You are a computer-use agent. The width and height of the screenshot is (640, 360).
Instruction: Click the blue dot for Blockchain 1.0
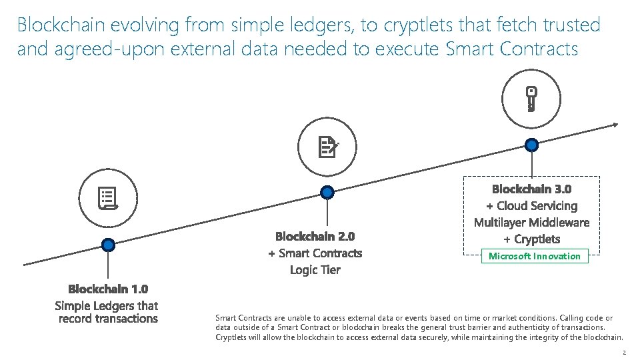pyautogui.click(x=109, y=245)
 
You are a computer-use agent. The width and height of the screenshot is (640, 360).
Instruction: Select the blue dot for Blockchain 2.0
pyautogui.click(x=327, y=193)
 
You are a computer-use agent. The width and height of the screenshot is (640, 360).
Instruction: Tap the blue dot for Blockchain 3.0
pyautogui.click(x=531, y=144)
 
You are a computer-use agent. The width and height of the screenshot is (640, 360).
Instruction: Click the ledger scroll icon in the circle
pyautogui.click(x=109, y=197)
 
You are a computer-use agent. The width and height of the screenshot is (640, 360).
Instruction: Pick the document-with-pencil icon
pyautogui.click(x=327, y=147)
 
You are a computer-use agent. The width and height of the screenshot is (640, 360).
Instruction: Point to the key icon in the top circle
pyautogui.click(x=531, y=98)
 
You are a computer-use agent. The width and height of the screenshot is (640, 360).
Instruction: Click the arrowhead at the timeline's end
pyautogui.click(x=615, y=124)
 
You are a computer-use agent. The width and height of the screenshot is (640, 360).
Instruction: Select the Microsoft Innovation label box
pyautogui.click(x=535, y=256)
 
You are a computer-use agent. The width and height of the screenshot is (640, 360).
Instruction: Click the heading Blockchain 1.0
pyautogui.click(x=108, y=289)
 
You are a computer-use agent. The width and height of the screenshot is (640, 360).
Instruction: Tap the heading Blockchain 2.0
pyautogui.click(x=315, y=236)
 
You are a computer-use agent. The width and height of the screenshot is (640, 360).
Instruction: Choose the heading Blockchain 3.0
pyautogui.click(x=531, y=189)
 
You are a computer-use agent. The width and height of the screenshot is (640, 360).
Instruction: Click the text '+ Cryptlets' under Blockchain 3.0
pyautogui.click(x=531, y=239)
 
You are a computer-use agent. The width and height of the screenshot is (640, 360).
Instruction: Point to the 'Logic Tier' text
pyautogui.click(x=315, y=270)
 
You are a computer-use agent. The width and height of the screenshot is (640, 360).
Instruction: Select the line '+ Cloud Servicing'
pyautogui.click(x=531, y=205)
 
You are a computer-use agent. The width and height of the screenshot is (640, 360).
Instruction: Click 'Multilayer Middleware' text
pyautogui.click(x=531, y=222)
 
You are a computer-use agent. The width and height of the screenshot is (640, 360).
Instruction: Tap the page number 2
pyautogui.click(x=624, y=352)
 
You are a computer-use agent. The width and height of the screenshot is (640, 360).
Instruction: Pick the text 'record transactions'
pyautogui.click(x=108, y=319)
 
